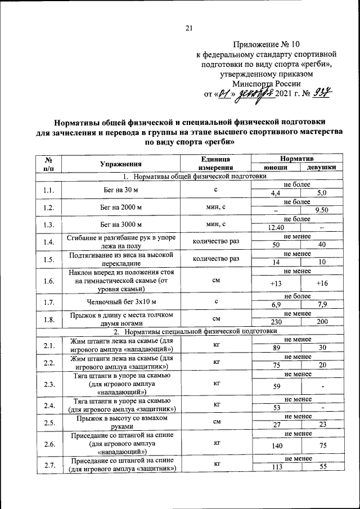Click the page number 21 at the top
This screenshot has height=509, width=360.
pos(189,29)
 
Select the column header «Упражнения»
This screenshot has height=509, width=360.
pos(120,164)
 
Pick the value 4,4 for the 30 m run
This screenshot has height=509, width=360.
pos(276,192)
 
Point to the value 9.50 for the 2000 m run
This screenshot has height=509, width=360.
pos(322,210)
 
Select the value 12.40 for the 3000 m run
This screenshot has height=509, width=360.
pos(276,228)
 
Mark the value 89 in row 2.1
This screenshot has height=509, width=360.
pos(276,349)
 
